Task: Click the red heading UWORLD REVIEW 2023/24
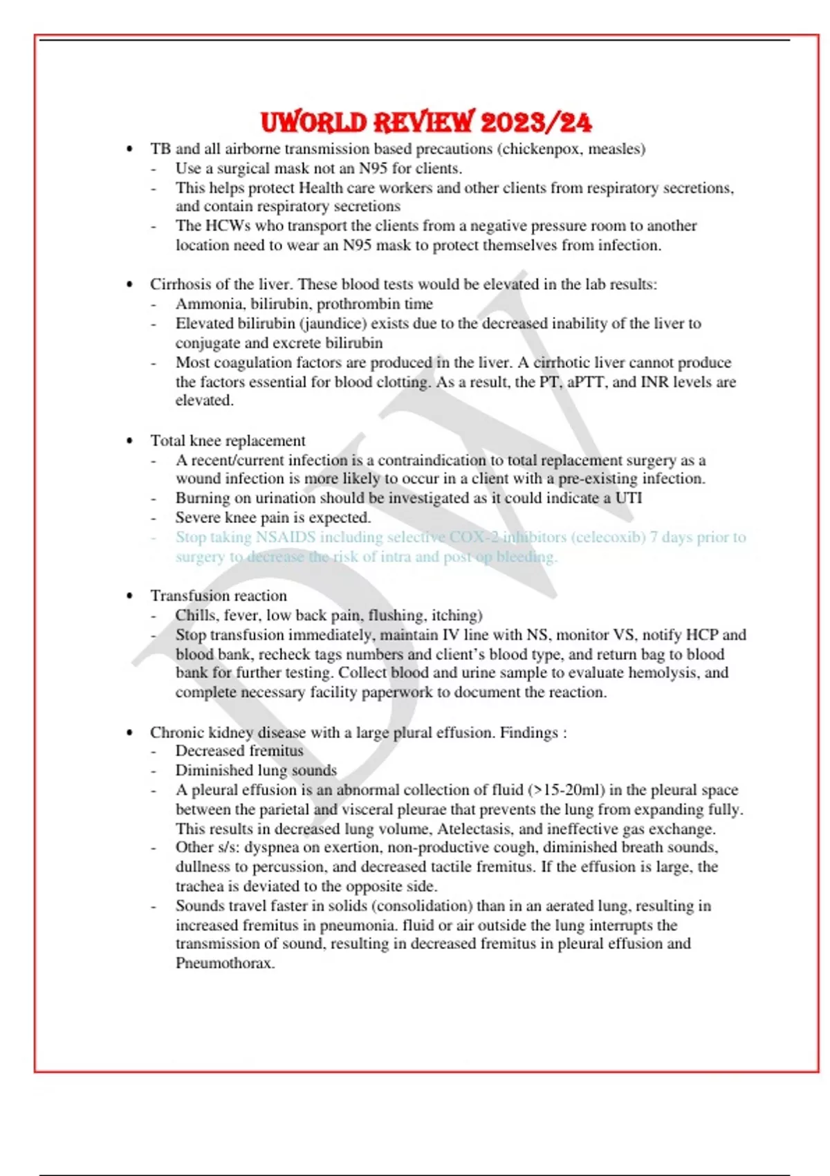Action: coord(426,122)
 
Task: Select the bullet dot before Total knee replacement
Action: coord(129,441)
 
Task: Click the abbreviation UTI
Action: coord(628,498)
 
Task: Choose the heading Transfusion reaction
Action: coord(219,596)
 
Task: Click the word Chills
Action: coord(195,615)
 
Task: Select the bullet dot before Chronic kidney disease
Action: coord(129,733)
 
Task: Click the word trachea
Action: coord(201,886)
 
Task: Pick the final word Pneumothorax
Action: coord(225,963)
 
